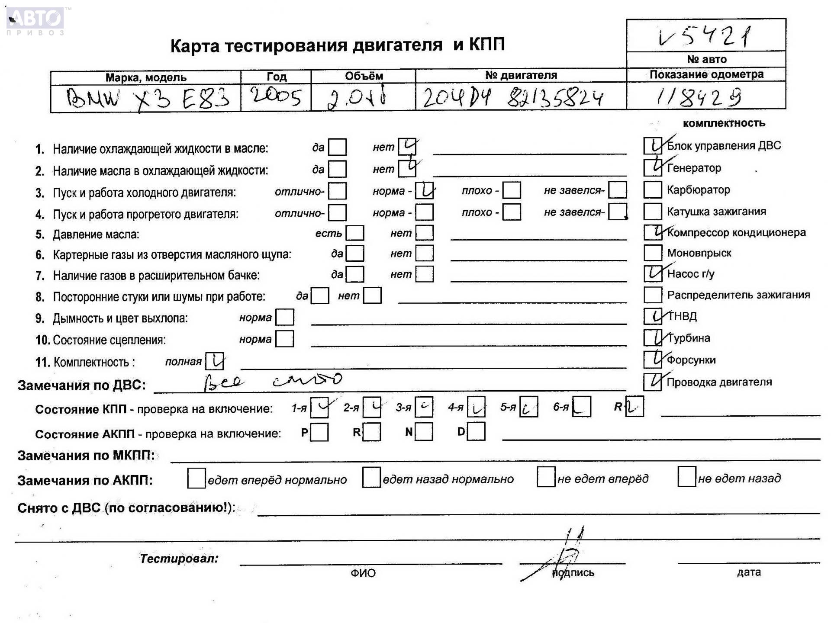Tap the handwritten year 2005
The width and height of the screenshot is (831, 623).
pyautogui.click(x=276, y=96)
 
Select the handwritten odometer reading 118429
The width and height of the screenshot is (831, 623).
pyautogui.click(x=698, y=97)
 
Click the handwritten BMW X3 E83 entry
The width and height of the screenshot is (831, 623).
pyautogui.click(x=146, y=99)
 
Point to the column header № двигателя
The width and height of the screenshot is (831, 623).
pyautogui.click(x=521, y=75)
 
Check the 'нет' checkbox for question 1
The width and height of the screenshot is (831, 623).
pyautogui.click(x=407, y=147)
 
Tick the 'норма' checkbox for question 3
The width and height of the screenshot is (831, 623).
pyautogui.click(x=424, y=190)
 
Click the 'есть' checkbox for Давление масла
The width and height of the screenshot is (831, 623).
pyautogui.click(x=355, y=233)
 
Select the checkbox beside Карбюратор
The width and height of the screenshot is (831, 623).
pyautogui.click(x=652, y=189)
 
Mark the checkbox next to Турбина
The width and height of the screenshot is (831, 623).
pyautogui.click(x=652, y=338)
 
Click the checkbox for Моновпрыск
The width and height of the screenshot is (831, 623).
pyautogui.click(x=652, y=253)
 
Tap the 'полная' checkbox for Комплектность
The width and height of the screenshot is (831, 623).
pyautogui.click(x=215, y=361)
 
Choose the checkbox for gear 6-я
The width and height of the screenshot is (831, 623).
pyautogui.click(x=581, y=407)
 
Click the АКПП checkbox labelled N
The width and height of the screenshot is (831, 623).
pyautogui.click(x=424, y=432)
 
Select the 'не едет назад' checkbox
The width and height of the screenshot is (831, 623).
pyautogui.click(x=686, y=477)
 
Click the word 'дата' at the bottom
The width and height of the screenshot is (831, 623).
pyautogui.click(x=748, y=572)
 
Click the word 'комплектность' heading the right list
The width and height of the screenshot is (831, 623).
pyautogui.click(x=724, y=123)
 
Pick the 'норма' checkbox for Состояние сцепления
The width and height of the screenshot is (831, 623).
pyautogui.click(x=285, y=339)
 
